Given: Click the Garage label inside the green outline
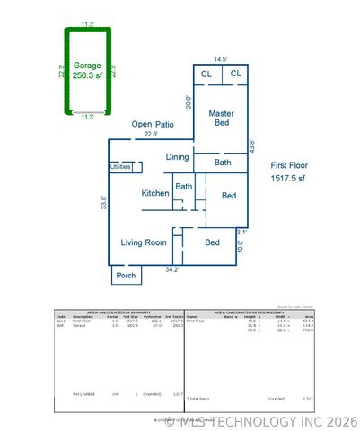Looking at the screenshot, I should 86,65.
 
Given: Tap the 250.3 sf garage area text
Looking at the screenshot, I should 87,75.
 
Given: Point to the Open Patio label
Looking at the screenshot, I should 151,124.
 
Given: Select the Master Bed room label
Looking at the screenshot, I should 222,118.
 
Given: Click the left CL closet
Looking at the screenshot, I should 206,74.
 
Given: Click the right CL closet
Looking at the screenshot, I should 235,74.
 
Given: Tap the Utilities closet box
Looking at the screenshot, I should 120,167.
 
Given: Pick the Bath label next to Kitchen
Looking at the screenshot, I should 183,187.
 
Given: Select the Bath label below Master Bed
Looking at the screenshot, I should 223,163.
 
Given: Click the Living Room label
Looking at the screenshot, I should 144,242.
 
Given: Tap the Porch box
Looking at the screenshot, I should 127,275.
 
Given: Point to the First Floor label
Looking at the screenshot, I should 289,166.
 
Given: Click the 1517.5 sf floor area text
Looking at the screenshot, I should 289,179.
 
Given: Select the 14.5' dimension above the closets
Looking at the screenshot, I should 221,59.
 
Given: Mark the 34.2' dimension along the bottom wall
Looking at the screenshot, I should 171,268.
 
